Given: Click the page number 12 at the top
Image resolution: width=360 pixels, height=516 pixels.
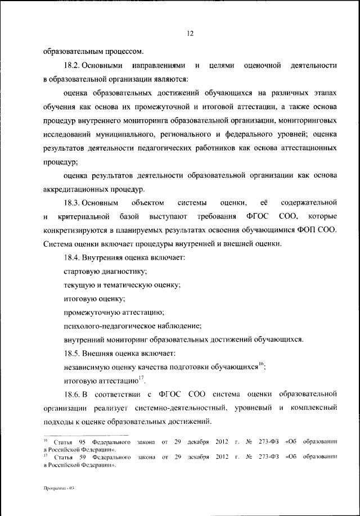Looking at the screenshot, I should pos(190,33).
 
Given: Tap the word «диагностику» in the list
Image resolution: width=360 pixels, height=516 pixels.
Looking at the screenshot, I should pos(121,271).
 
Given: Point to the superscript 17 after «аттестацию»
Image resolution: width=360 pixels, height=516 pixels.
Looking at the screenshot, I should pos(141,377).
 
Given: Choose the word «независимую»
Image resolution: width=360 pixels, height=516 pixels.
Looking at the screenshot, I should pos(87,367).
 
